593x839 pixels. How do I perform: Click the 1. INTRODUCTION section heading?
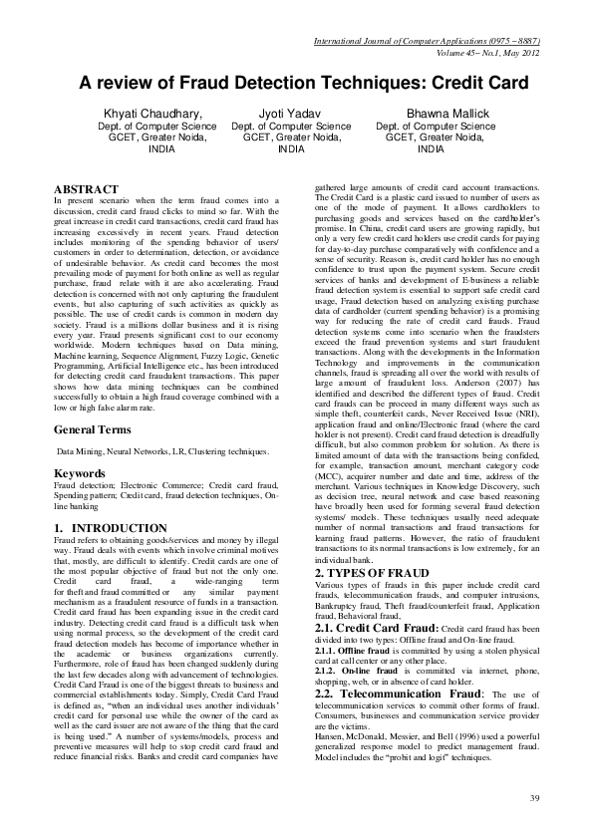pos(110,527)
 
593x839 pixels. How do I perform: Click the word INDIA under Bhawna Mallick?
pos(432,149)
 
